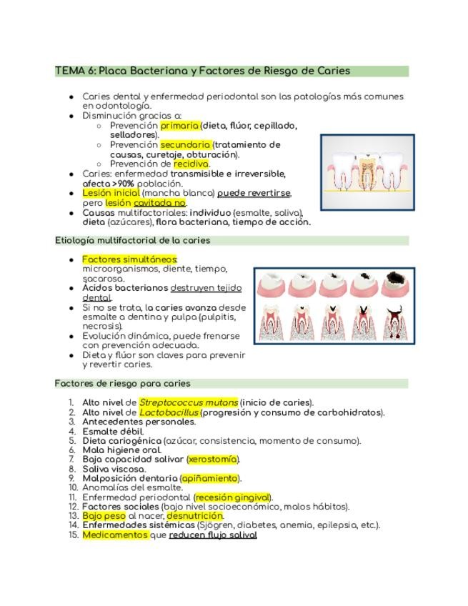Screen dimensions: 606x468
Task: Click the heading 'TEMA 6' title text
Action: pyautogui.click(x=202, y=71)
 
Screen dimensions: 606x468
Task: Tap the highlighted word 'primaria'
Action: pyautogui.click(x=179, y=125)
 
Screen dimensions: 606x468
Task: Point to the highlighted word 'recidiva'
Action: pyautogui.click(x=191, y=164)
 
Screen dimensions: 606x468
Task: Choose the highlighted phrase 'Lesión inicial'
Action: pyautogui.click(x=111, y=193)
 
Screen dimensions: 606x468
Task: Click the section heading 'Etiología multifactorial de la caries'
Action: pyautogui.click(x=132, y=241)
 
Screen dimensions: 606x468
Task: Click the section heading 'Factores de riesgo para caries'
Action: pyautogui.click(x=122, y=384)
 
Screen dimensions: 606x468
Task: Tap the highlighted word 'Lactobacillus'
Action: pyautogui.click(x=169, y=412)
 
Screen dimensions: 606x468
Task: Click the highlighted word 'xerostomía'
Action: pyautogui.click(x=213, y=460)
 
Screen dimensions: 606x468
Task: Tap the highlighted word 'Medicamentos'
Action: pyautogui.click(x=115, y=535)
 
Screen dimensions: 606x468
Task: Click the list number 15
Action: pyautogui.click(x=73, y=535)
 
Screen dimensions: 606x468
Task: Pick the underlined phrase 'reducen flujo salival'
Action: pyautogui.click(x=212, y=535)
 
